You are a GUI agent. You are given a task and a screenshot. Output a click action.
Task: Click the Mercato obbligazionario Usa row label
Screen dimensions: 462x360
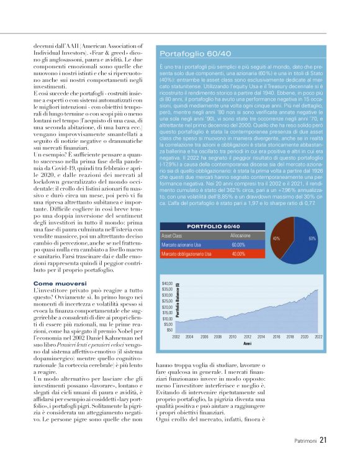pos(186,254)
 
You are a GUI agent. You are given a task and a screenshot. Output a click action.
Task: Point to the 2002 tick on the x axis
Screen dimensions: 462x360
pos(176,336)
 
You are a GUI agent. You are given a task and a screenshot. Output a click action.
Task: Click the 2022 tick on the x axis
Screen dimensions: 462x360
pos(318,336)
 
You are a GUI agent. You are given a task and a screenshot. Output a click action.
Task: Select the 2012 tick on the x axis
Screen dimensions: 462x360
pos(247,336)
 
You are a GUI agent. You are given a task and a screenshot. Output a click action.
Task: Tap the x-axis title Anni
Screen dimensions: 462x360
pos(247,342)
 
